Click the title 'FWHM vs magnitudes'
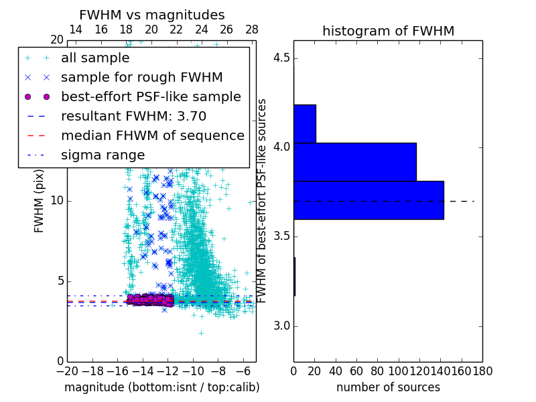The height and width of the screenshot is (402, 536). click(152, 15)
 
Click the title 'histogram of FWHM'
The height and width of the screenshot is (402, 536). click(388, 31)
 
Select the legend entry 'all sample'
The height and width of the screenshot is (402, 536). click(95, 58)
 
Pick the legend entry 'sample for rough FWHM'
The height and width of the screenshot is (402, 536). click(141, 77)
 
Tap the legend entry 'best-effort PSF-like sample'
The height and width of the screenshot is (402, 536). click(151, 96)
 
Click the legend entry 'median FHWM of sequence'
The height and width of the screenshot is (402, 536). click(152, 135)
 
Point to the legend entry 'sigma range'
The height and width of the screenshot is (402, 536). click(103, 155)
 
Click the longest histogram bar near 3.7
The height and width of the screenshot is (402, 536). click(368, 200)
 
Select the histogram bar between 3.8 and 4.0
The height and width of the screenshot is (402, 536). click(354, 161)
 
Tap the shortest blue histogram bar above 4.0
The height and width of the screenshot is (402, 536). click(304, 123)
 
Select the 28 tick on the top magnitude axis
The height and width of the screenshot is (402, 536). click(252, 29)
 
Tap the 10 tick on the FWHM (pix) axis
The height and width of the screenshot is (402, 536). click(58, 201)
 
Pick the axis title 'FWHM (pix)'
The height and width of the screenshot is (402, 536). click(40, 208)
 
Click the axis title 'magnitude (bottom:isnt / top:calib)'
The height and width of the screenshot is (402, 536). click(161, 387)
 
